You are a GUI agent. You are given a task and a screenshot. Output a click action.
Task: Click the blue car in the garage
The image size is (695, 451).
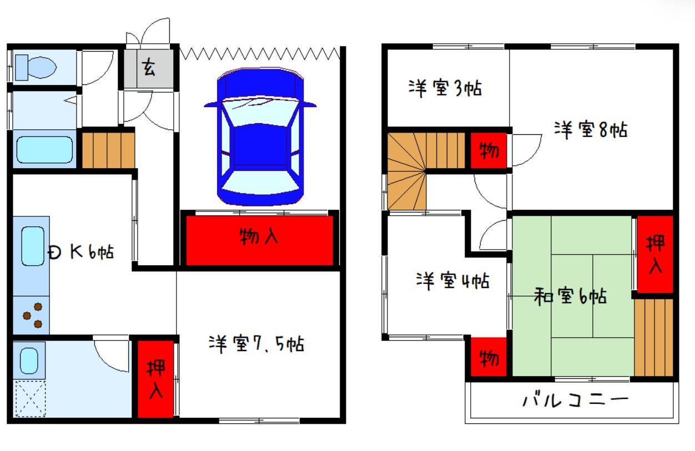pos(260,136)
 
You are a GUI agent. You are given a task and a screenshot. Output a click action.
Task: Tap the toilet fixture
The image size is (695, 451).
pos(36,67)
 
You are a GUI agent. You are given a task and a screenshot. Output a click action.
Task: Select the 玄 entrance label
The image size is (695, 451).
pos(149,67)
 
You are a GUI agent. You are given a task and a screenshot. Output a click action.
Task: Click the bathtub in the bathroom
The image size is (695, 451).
pos(44,150)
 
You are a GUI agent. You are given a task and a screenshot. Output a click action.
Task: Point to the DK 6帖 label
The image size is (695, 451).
pos(81,252)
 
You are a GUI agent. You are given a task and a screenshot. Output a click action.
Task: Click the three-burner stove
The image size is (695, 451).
pos(33,316)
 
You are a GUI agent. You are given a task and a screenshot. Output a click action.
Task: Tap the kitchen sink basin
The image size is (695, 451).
pos(33,246)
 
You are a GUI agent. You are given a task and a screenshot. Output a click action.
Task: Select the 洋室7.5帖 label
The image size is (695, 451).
pos(256,344)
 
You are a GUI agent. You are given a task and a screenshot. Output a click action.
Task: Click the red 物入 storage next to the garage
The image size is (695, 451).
pos(260,241)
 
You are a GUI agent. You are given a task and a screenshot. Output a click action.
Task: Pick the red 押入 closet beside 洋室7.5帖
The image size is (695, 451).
pos(155,379)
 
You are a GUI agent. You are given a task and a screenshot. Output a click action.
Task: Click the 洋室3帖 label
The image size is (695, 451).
pos(445,88)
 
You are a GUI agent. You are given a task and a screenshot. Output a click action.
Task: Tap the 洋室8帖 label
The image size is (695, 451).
pos(591,129)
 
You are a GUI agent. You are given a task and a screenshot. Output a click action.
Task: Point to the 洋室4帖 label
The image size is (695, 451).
pos(452,281)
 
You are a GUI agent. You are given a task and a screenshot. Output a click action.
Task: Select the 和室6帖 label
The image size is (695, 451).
pos(570,296)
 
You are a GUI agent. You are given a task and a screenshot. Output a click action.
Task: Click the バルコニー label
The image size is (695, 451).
pos(576,401)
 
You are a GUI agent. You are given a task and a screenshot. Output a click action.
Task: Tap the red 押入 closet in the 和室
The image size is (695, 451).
pos(655,254)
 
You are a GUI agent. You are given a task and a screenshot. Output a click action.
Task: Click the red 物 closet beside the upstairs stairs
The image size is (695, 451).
pos(488,151)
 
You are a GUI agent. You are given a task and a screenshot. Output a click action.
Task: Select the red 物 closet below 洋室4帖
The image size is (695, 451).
pos(488,357)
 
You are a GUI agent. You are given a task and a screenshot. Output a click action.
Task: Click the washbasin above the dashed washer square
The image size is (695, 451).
pos(29,361)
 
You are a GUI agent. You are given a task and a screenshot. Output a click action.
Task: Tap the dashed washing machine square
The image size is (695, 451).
pos(31,399)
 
